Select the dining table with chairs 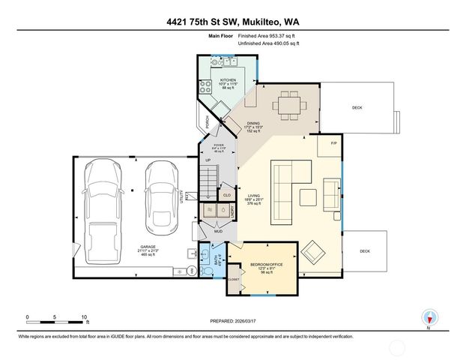[288, 105]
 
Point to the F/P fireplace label [333, 141]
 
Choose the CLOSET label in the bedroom [234, 279]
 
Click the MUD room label [219, 232]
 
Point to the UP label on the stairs [208, 160]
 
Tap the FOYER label [219, 145]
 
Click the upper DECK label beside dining [357, 107]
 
